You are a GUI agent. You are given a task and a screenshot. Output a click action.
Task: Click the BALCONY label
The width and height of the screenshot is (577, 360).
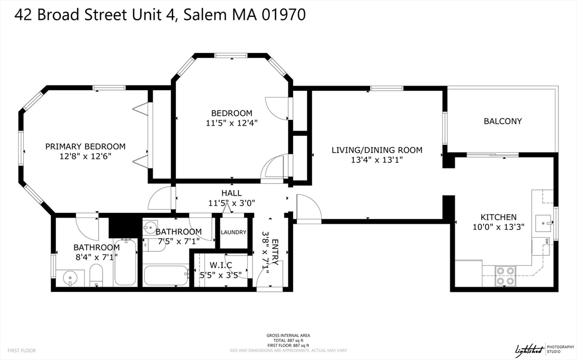pos(503,121)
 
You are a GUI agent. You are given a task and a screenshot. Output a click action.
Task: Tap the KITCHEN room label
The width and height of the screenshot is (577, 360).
pos(498,217)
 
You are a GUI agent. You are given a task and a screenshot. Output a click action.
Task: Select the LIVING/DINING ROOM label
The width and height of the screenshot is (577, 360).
pos(376,150)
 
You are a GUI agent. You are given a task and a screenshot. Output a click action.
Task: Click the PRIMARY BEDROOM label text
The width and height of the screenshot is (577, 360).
pos(85,146)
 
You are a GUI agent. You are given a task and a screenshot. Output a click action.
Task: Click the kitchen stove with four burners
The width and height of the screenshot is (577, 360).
pos(504,276)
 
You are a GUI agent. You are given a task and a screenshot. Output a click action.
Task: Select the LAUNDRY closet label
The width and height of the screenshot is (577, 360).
pos(233,232)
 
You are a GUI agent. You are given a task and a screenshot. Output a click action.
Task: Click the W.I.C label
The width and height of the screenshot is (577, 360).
pos(221,265)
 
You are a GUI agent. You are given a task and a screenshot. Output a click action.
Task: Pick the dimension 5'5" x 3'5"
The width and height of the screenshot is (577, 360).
pos(221,275)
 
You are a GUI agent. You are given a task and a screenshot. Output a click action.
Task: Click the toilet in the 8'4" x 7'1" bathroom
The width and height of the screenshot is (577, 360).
pos(96,275)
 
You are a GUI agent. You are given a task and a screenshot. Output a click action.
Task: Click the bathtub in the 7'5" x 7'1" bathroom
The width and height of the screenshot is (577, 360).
pos(166,275)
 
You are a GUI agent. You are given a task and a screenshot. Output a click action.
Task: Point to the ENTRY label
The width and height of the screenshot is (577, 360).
pos(275,251)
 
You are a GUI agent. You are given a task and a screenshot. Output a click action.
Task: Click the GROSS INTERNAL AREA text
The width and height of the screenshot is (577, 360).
pos(288,336)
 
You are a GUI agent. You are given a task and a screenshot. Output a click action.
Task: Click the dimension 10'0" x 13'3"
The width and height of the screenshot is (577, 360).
pos(498,227)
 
